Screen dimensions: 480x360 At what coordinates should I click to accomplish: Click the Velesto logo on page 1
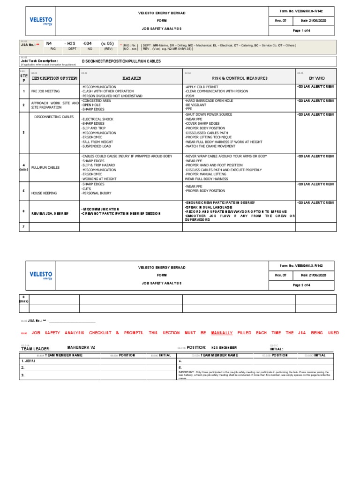(41, 21)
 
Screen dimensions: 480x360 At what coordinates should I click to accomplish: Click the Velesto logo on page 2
(41, 275)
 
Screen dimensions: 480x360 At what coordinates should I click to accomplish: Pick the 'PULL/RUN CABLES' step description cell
(45, 167)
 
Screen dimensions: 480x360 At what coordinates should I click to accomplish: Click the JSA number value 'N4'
(49, 43)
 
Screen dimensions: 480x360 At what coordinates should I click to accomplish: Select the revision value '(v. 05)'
(108, 43)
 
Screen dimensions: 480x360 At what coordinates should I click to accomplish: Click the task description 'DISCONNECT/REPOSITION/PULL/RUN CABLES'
(121, 61)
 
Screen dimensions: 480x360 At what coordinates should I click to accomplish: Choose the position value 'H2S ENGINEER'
(224, 348)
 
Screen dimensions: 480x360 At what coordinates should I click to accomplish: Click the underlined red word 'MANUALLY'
(222, 333)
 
